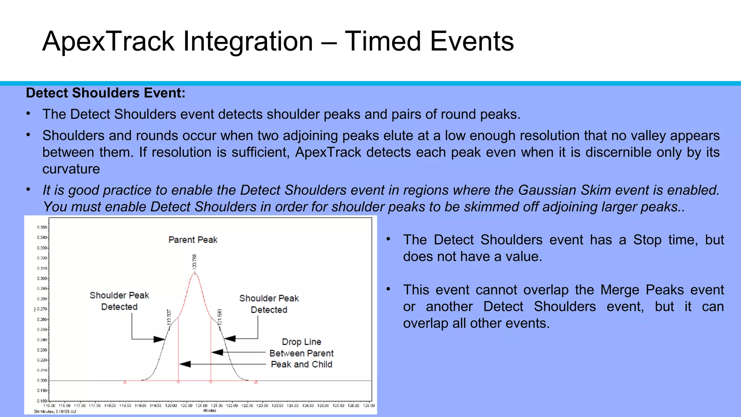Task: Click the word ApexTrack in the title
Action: tap(109, 42)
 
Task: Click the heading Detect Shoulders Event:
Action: tap(105, 93)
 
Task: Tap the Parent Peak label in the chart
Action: tap(193, 240)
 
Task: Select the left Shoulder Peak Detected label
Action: tap(119, 301)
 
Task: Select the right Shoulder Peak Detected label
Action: tap(269, 304)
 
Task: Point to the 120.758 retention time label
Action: tap(195, 261)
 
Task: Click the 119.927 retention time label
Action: tap(169, 317)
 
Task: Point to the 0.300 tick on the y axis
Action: tap(42, 278)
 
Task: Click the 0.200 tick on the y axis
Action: tap(42, 380)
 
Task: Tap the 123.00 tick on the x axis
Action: tap(262, 406)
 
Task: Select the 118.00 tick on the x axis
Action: tap(110, 406)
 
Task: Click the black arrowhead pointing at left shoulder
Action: tap(160, 339)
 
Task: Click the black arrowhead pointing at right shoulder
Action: tap(229, 339)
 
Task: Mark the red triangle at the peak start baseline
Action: tap(125, 382)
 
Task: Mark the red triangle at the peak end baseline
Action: tap(256, 382)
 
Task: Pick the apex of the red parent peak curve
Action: tap(195, 273)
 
